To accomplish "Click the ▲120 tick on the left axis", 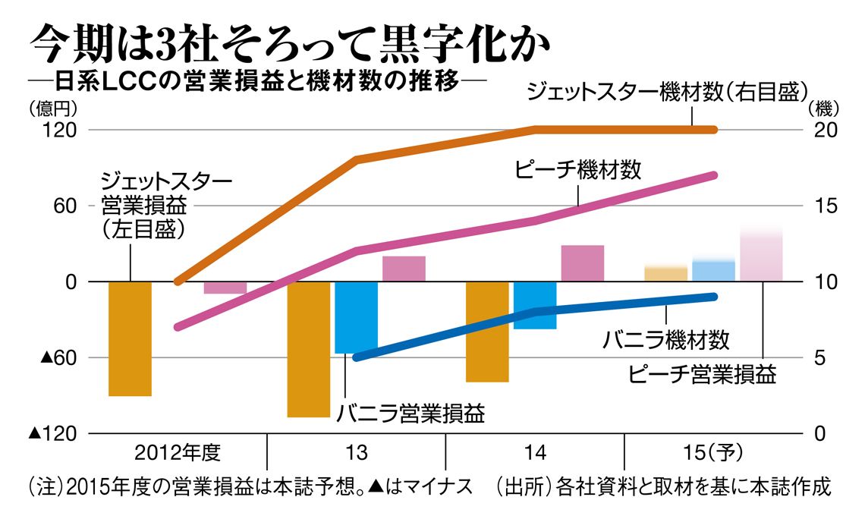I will coord(53,433).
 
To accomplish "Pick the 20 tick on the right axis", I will coord(826,130).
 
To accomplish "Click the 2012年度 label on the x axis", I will coord(178,453).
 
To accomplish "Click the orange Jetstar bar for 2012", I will coord(131,338).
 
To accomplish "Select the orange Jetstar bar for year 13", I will coord(309,349).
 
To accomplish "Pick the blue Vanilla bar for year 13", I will coord(356,317).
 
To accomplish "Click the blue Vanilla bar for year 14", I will coord(535,305).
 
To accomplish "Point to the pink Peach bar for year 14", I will coord(582,263).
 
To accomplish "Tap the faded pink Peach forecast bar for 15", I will coord(761,254).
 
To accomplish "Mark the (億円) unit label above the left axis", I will coord(51,107).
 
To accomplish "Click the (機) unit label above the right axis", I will coord(826,107).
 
